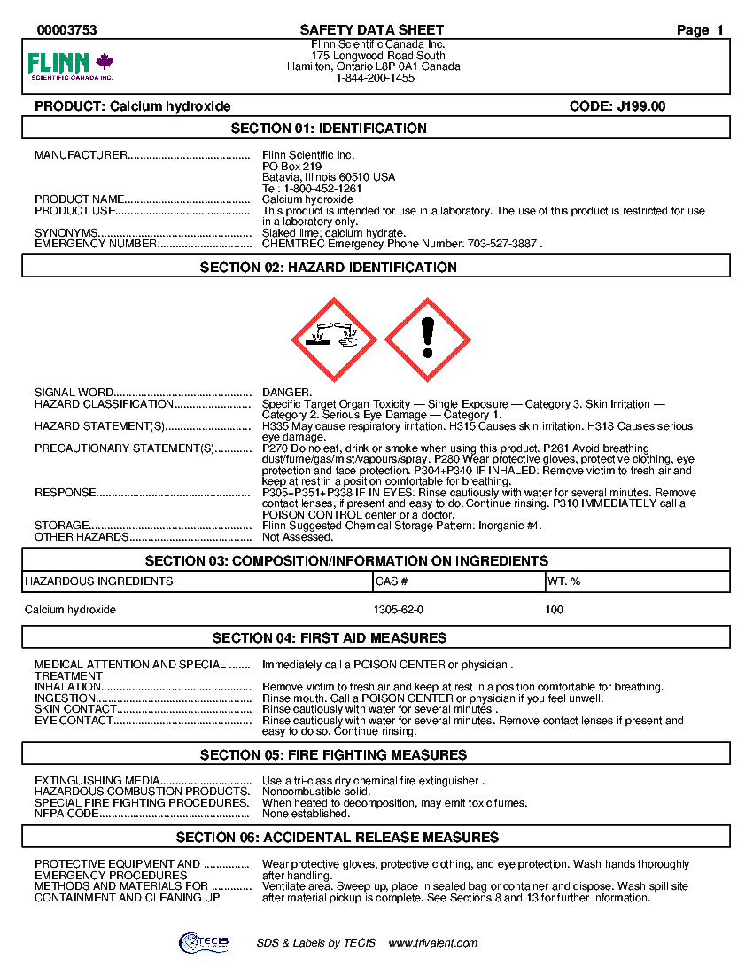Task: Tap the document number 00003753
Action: coord(67,30)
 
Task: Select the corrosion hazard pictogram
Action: coord(334,339)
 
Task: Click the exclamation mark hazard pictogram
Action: coord(428,339)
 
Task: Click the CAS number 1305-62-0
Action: coord(399,610)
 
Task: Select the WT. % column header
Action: coord(564,581)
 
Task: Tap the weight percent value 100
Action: coord(555,610)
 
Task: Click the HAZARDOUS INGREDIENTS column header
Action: coord(99,581)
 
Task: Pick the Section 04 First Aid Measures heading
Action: coord(376,638)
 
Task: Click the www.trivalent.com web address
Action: coord(433,943)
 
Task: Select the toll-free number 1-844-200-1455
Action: coord(376,78)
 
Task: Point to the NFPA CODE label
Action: coord(66,814)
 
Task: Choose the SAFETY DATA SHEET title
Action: coord(372,30)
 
